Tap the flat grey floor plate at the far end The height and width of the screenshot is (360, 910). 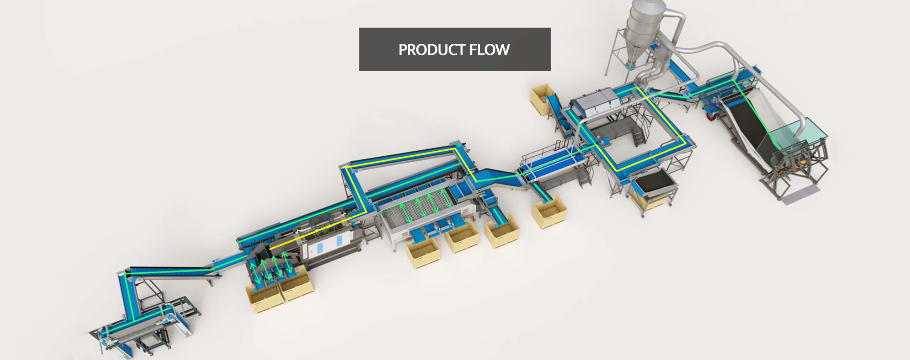point(801,195)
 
